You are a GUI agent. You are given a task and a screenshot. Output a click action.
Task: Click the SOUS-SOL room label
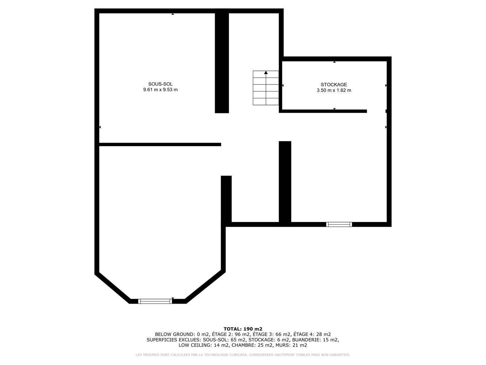coord(160,84)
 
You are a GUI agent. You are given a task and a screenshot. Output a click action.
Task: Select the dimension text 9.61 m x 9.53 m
coord(160,90)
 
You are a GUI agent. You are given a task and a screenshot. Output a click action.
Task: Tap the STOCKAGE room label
coord(334,84)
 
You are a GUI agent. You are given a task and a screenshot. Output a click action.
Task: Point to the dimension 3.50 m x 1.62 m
coord(334,90)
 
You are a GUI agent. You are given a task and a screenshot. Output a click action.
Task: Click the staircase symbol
coord(266,88)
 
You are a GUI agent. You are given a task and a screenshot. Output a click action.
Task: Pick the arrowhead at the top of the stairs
coord(266,72)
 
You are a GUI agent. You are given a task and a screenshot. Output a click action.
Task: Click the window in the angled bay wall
coord(155,301)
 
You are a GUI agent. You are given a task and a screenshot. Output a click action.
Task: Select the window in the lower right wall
coord(339,225)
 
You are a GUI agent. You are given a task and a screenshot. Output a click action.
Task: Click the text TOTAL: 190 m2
coord(243,329)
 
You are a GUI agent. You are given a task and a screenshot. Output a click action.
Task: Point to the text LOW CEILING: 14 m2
coord(203,345)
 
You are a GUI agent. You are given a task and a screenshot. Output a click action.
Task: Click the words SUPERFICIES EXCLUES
coord(174,340)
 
